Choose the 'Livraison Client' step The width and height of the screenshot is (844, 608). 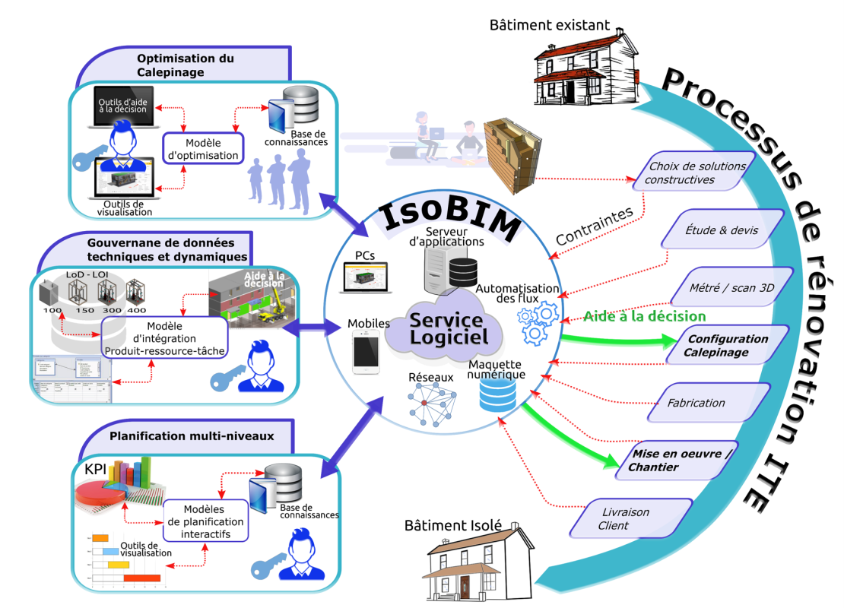click(x=630, y=519)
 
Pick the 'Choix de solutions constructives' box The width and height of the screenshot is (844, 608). click(x=693, y=173)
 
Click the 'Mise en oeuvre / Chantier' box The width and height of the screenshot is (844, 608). click(x=674, y=461)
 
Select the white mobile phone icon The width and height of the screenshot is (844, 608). click(x=366, y=353)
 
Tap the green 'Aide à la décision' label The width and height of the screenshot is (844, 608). click(x=644, y=316)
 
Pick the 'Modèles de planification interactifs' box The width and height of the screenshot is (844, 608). click(x=204, y=522)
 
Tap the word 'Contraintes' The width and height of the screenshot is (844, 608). click(x=594, y=226)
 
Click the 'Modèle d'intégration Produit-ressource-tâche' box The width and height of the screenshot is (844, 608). click(x=164, y=337)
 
